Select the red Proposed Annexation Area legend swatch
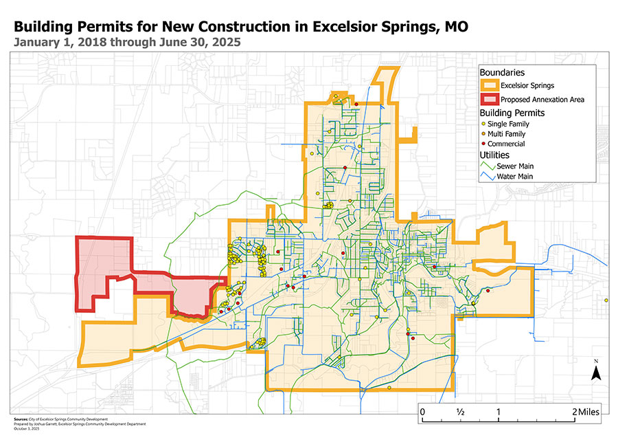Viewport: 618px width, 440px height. [488, 99]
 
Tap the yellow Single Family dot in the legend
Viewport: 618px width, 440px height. [483, 124]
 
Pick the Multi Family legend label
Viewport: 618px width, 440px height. [507, 134]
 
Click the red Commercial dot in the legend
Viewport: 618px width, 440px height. [483, 144]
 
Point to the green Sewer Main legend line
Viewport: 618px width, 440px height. [488, 166]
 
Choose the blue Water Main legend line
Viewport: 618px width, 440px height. [488, 177]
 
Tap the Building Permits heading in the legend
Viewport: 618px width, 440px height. [512, 112]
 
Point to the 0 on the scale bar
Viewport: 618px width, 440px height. [422, 411]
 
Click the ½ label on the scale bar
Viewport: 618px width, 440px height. [460, 411]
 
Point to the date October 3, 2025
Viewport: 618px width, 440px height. [27, 428]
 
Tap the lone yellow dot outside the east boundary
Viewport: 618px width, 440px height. [606, 300]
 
